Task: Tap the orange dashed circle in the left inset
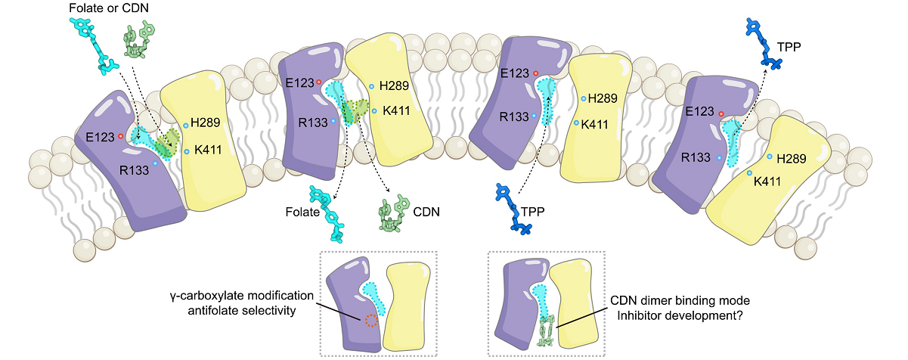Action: [370, 321]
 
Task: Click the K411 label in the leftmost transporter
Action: [206, 150]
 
